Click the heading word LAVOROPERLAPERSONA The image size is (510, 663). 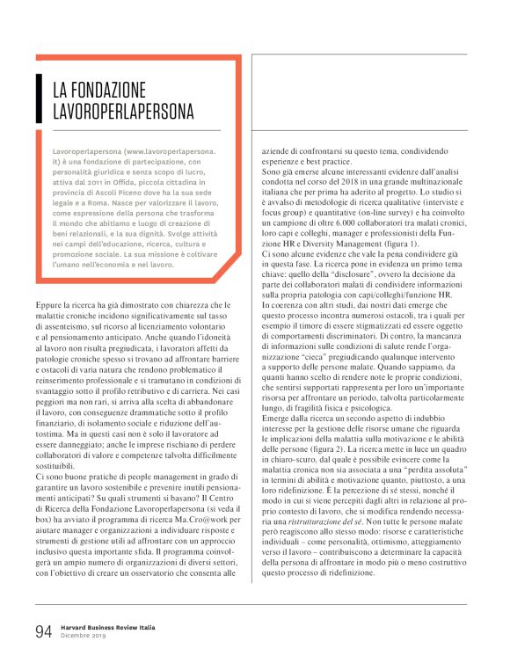(x=123, y=113)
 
